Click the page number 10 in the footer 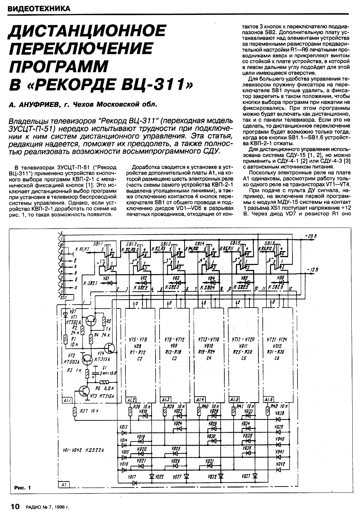click(16, 506)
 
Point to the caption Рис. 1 click(22, 488)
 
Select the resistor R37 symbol click(76, 411)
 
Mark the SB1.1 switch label click(98, 243)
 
